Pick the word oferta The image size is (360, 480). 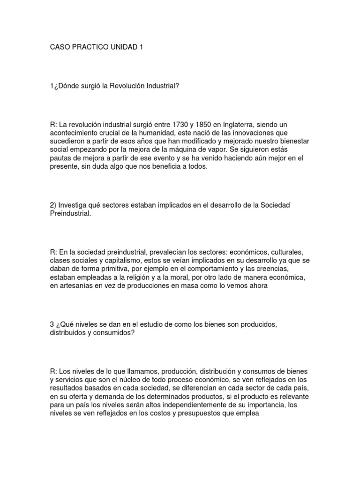[x=82, y=397]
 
